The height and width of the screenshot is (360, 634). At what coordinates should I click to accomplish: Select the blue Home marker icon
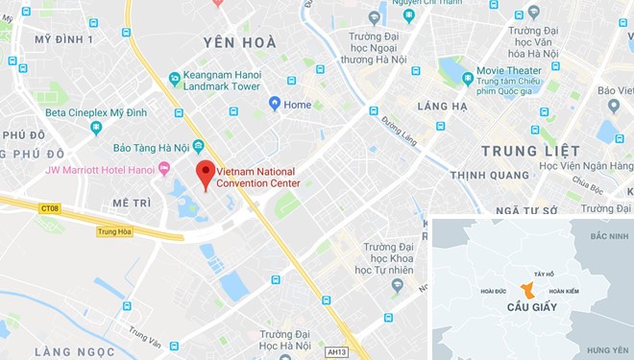(x=274, y=104)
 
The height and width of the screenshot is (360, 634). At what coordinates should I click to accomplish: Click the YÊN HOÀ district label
(x=240, y=42)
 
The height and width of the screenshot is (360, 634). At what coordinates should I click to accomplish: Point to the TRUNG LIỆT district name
(x=530, y=151)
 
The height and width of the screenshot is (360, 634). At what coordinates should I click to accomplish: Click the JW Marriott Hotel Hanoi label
(x=100, y=170)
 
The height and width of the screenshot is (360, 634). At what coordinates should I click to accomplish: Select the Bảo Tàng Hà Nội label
(x=151, y=147)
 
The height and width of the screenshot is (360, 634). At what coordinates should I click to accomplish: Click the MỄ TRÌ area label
(x=132, y=204)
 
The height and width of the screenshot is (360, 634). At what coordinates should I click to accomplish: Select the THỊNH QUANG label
(x=486, y=175)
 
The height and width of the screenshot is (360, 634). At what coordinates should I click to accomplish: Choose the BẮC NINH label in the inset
(x=609, y=236)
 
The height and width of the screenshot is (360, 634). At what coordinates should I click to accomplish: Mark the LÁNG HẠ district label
(x=444, y=106)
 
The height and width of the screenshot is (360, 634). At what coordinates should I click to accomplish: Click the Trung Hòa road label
(x=114, y=231)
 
